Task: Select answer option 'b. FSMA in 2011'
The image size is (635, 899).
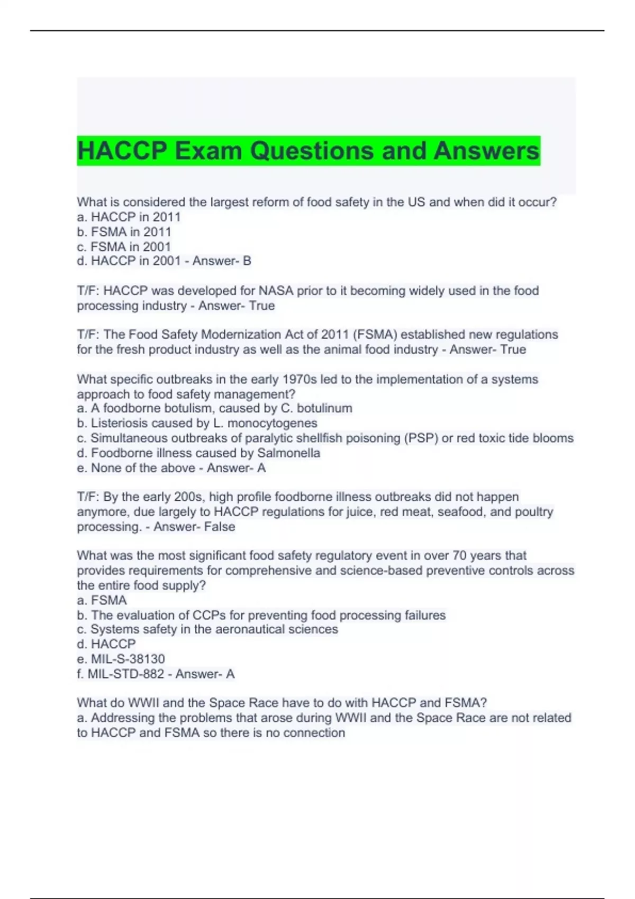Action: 124,232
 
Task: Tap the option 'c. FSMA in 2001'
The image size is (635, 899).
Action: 124,246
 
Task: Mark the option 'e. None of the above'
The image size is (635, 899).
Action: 136,468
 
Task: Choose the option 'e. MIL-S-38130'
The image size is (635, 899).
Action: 121,659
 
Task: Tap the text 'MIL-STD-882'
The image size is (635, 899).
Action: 125,674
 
